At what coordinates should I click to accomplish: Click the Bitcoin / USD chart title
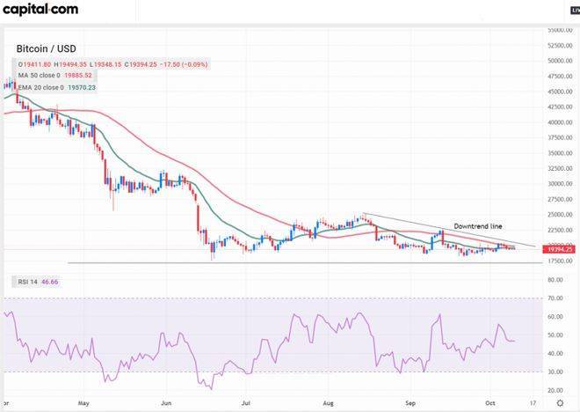[x=45, y=48]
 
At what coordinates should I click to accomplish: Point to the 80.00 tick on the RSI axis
[x=555, y=280]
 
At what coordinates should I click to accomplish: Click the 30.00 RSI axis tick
[x=555, y=372]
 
